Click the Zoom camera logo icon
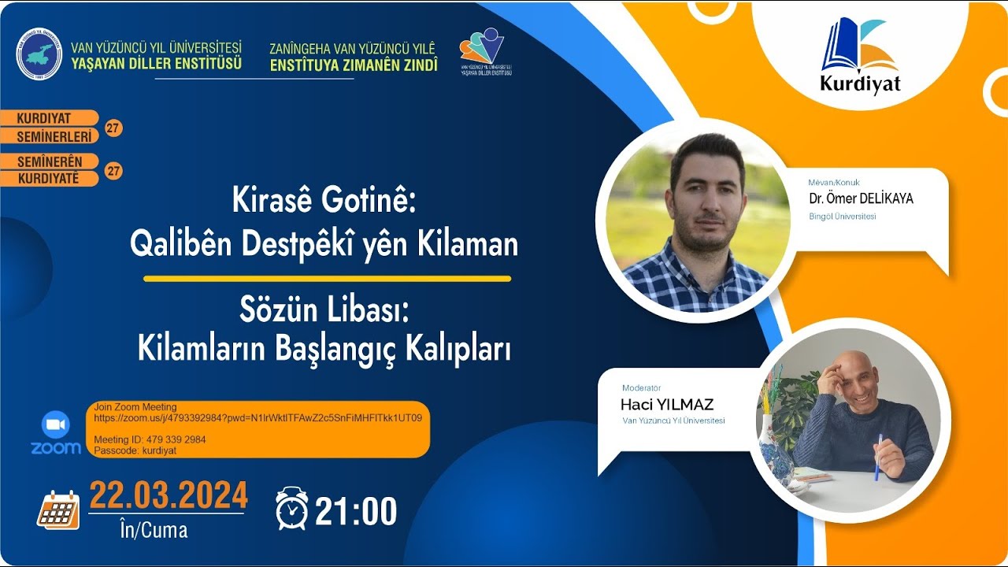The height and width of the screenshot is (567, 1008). [x=55, y=425]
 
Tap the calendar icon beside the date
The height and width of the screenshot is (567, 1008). [x=59, y=509]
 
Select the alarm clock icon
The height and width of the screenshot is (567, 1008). [x=291, y=508]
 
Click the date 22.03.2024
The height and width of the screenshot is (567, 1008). [x=169, y=495]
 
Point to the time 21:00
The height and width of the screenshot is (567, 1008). [x=356, y=512]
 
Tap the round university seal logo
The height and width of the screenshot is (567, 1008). [x=39, y=53]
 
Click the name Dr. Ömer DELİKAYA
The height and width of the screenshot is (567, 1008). [x=861, y=198]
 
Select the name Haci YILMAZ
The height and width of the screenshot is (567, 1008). [x=667, y=405]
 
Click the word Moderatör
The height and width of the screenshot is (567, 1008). [x=641, y=387]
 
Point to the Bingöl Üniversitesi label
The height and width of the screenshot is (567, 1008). [x=842, y=217]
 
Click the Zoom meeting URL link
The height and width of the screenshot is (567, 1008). [x=258, y=417]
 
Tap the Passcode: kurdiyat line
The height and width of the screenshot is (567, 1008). [x=135, y=450]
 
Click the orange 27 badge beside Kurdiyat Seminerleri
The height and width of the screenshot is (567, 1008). [x=113, y=128]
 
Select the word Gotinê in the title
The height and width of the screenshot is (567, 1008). [x=368, y=201]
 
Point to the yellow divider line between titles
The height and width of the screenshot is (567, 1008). [x=327, y=278]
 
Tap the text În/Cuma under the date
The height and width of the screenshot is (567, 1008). [x=154, y=530]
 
